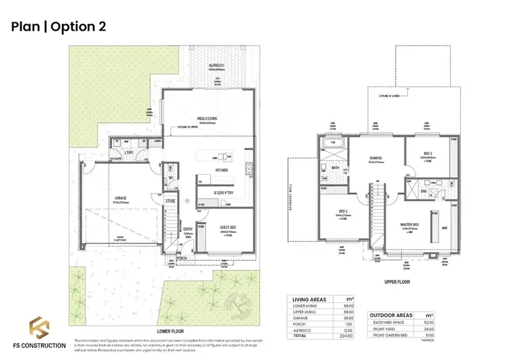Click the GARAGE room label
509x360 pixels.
120,198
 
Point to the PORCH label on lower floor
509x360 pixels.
181,258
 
